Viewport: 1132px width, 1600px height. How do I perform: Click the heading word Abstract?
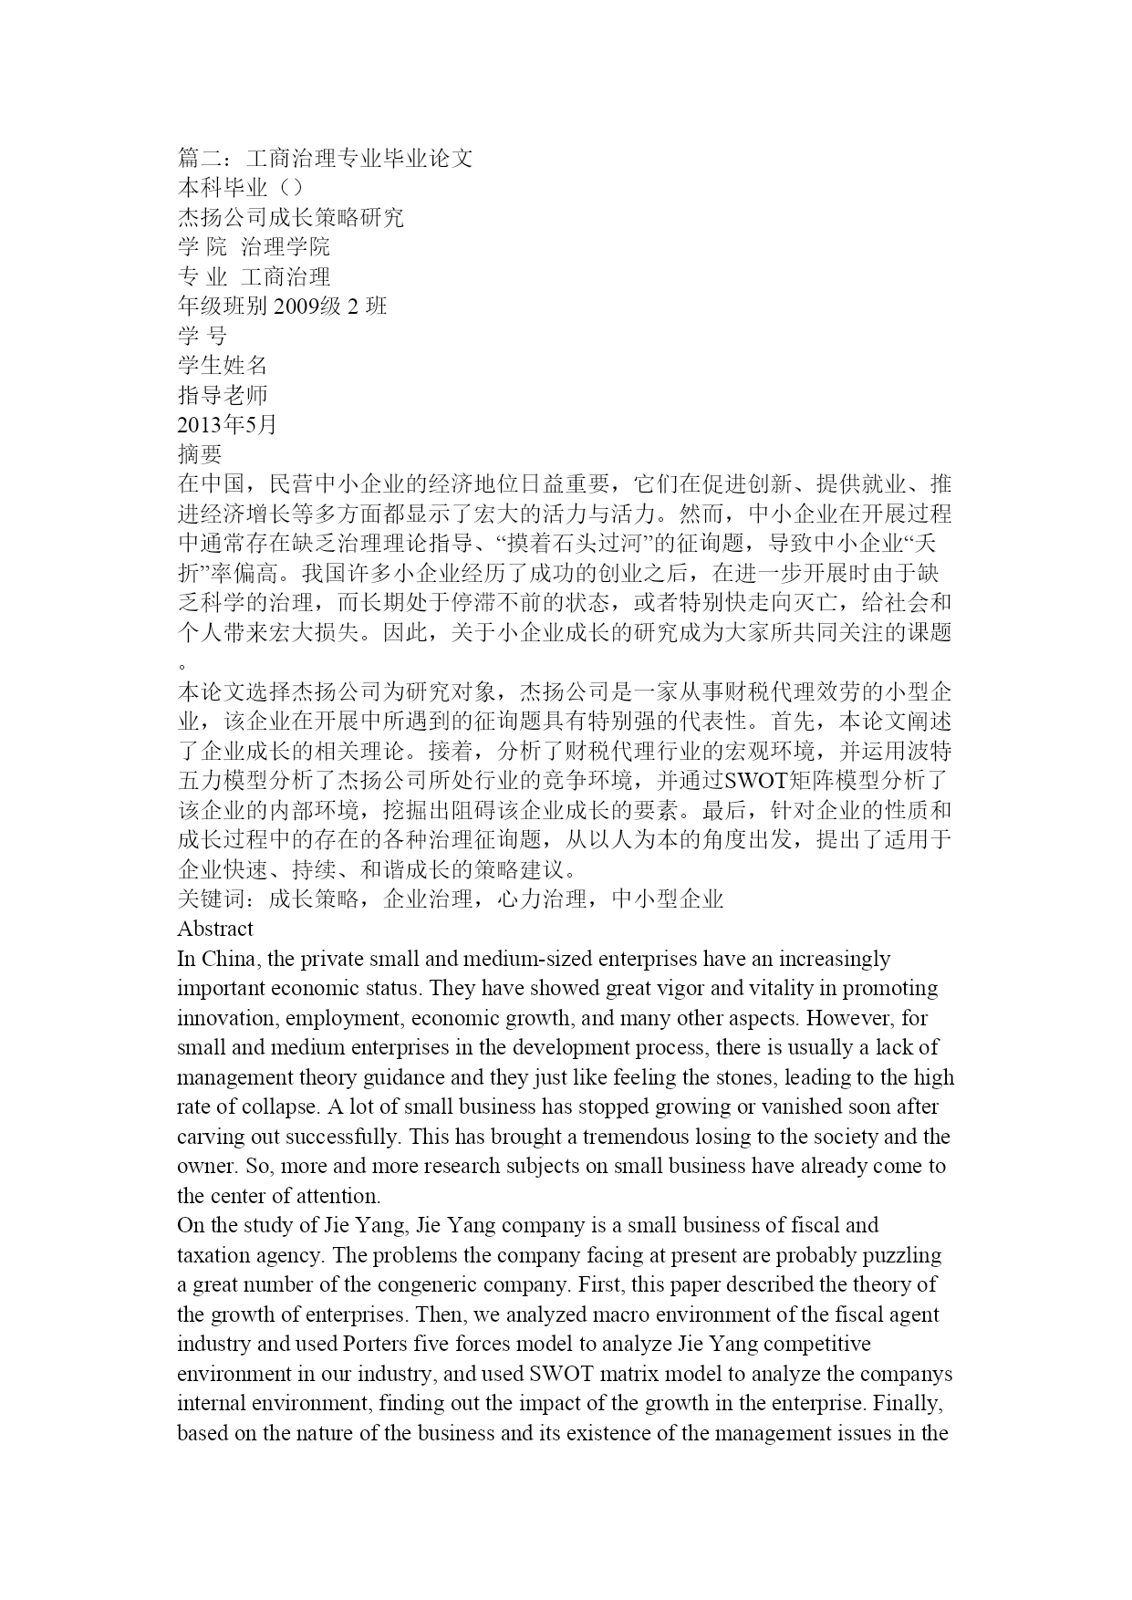[215, 929]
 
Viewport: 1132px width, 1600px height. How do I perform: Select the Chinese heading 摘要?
[200, 453]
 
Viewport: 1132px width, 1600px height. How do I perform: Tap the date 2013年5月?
[227, 424]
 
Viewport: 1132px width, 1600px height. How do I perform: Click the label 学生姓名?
[223, 365]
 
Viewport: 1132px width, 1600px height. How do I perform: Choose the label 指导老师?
[223, 395]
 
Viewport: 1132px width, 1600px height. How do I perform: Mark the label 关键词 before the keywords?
[211, 899]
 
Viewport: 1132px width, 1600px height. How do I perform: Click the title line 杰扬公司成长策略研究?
[290, 217]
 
